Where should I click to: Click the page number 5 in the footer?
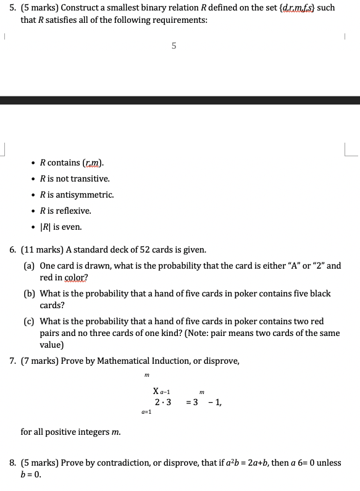[x=174, y=46]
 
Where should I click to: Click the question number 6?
[x=13, y=250]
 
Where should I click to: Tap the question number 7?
[x=13, y=361]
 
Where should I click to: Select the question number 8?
[x=13, y=462]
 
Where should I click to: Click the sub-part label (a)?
[x=29, y=266]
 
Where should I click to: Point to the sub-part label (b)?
[x=29, y=294]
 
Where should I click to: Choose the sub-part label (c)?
[x=29, y=322]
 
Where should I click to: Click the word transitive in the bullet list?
[x=91, y=178]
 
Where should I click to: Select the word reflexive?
[x=75, y=211]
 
